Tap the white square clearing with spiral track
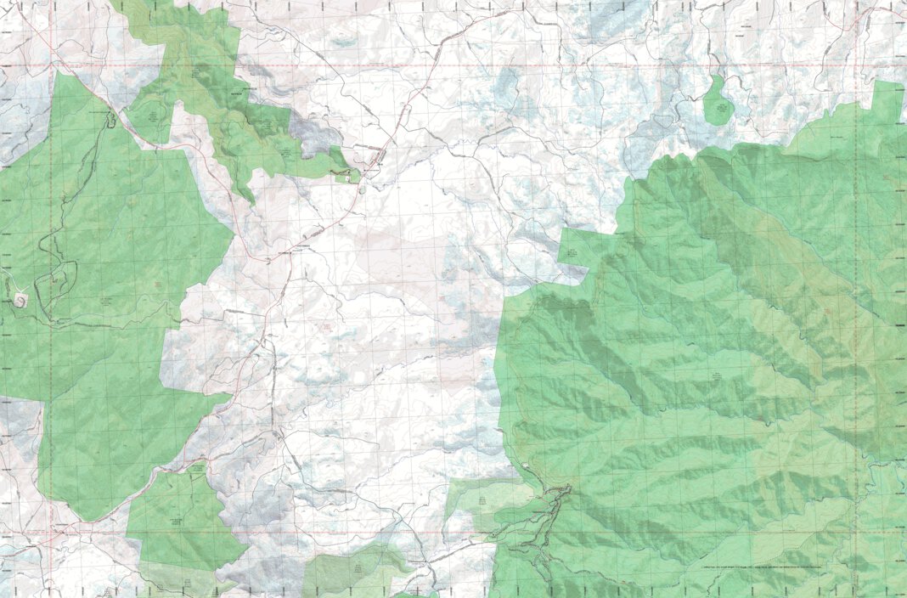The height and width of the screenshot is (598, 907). (x=20, y=298)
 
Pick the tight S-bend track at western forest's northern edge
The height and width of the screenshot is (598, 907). (x=110, y=120)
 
